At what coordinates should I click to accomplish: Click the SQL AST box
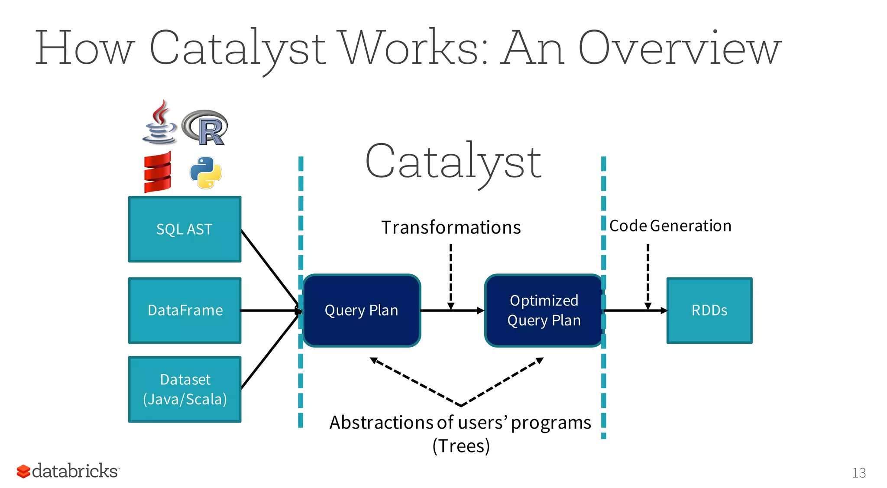[185, 229]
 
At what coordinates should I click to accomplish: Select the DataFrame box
[185, 310]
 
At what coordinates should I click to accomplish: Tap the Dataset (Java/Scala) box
[185, 389]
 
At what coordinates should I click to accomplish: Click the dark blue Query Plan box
[362, 310]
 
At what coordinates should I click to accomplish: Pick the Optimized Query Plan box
[544, 310]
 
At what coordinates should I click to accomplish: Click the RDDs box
[709, 310]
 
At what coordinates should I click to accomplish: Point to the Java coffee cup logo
[159, 124]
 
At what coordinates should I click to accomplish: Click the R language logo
[205, 128]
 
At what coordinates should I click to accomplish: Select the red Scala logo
[158, 172]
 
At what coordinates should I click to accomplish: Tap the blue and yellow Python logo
[206, 172]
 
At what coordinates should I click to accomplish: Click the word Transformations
[451, 228]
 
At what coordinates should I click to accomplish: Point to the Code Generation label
[670, 226]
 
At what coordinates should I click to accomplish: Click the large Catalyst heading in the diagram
[453, 163]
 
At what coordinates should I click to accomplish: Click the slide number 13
[859, 472]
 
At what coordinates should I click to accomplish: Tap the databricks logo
[68, 471]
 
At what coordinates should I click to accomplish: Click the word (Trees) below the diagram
[461, 446]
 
